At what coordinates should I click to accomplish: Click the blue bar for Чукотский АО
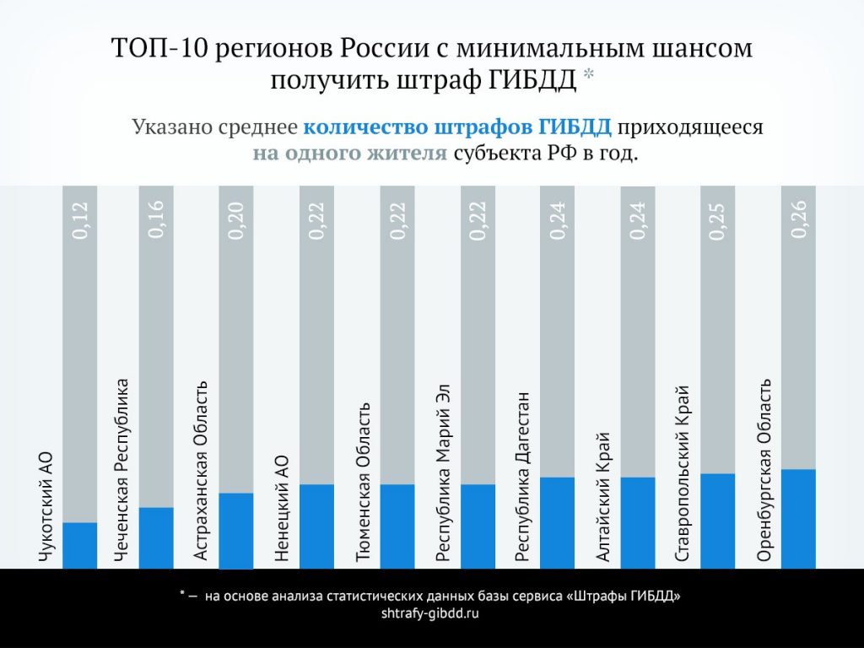[80, 545]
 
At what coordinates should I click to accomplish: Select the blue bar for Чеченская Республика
[156, 537]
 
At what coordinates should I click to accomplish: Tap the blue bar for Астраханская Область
[236, 531]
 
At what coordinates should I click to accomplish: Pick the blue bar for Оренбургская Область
[798, 518]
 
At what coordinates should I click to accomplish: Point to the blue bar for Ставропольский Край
[718, 521]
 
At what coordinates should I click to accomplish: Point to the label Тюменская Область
[364, 482]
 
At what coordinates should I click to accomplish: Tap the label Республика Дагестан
[523, 476]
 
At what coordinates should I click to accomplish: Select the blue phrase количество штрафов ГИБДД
[456, 128]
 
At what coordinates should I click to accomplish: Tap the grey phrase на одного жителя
[349, 154]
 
